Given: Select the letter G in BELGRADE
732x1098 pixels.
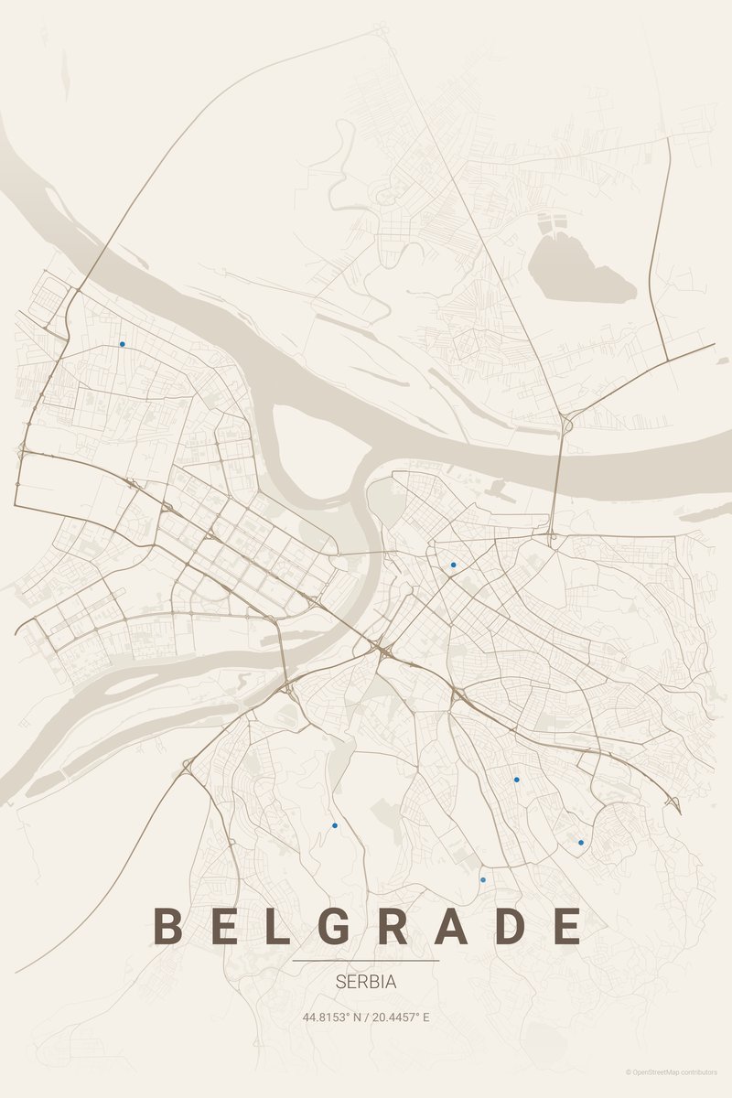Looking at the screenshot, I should pyautogui.click(x=335, y=926).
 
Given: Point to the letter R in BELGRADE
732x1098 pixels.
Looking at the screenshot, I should pyautogui.click(x=393, y=926).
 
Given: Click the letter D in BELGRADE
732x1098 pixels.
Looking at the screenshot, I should pyautogui.click(x=511, y=926).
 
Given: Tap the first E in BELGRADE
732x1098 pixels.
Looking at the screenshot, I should pyautogui.click(x=222, y=926).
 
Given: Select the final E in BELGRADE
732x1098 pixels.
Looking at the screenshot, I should pyautogui.click(x=567, y=926).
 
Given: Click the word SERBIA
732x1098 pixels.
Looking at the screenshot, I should pyautogui.click(x=366, y=982).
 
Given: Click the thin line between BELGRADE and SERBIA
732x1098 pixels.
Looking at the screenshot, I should pyautogui.click(x=366, y=961).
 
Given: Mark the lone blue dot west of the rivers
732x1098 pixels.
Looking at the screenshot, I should pyautogui.click(x=122, y=345).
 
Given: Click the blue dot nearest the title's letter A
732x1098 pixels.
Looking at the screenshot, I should pyautogui.click(x=483, y=879).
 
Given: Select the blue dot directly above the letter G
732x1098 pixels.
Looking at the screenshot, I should pyautogui.click(x=335, y=825).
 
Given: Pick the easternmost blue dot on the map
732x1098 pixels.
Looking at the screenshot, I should pyautogui.click(x=581, y=842).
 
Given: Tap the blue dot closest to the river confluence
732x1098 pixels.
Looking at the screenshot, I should pyautogui.click(x=453, y=565).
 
